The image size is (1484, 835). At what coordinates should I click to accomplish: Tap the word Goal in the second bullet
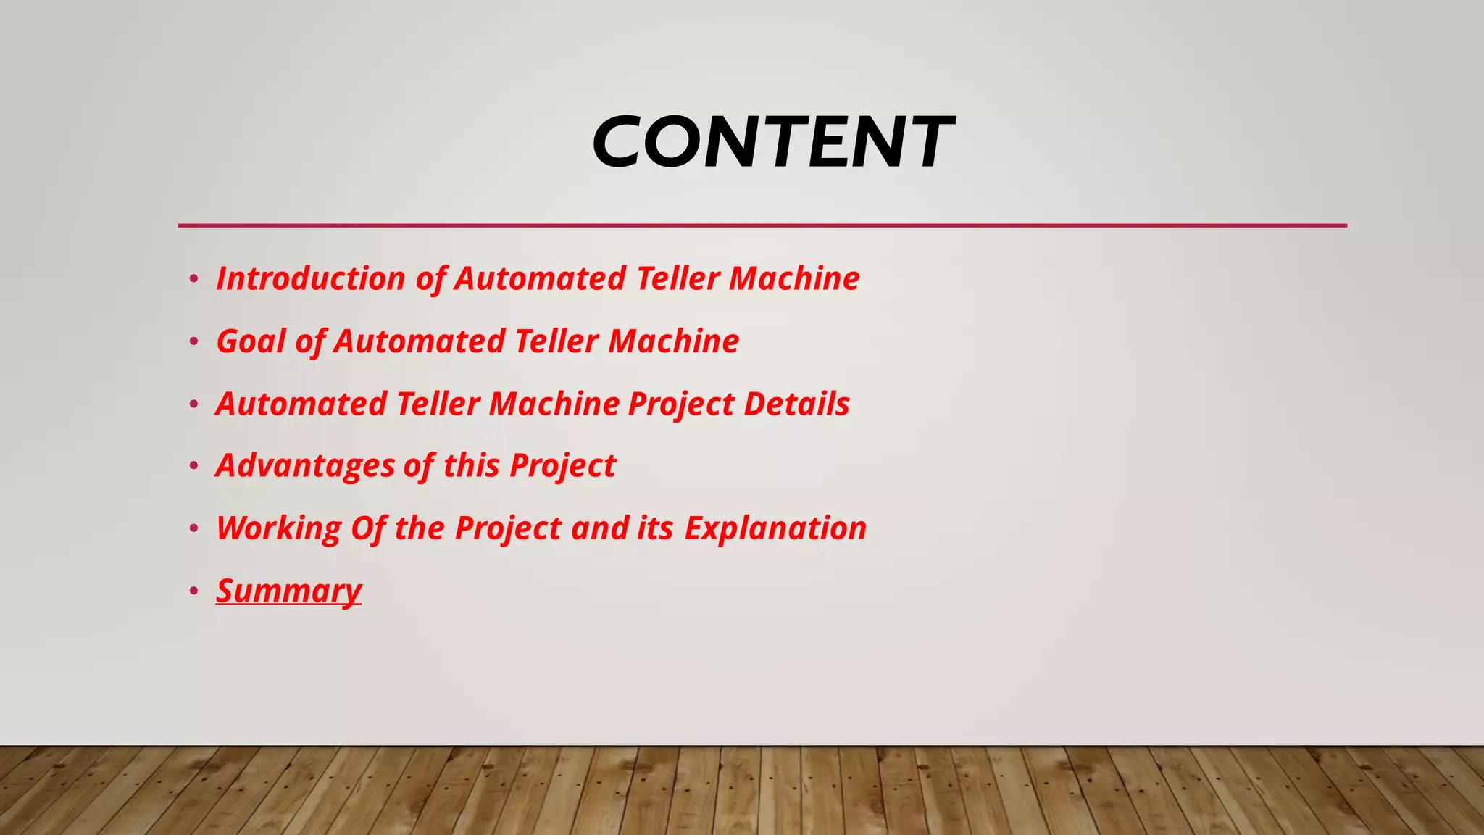point(251,341)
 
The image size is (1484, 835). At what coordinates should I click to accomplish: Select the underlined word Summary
point(288,591)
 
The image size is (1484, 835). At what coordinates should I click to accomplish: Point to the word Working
point(278,528)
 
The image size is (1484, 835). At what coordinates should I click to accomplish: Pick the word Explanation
point(775,528)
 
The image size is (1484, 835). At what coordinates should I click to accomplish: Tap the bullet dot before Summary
point(193,591)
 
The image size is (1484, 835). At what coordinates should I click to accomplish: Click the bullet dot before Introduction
point(193,279)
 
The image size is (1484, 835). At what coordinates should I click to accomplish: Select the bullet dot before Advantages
point(193,466)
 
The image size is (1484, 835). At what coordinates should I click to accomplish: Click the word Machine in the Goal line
point(673,341)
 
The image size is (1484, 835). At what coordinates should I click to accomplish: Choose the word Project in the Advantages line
point(562,465)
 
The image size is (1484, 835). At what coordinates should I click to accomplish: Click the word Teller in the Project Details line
point(438,404)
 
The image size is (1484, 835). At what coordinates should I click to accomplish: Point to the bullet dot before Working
point(193,529)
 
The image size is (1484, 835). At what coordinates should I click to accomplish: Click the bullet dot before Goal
point(193,341)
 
